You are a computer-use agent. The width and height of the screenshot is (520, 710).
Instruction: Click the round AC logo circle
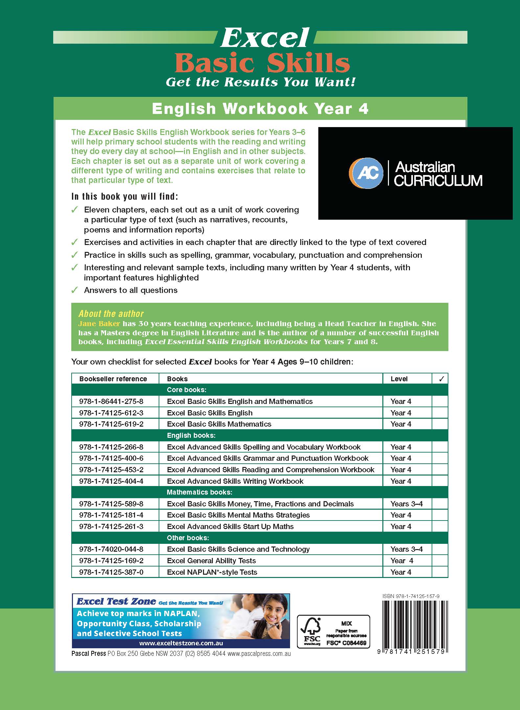pyautogui.click(x=366, y=173)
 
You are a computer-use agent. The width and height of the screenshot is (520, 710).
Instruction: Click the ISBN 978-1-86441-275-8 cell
pyautogui.click(x=111, y=401)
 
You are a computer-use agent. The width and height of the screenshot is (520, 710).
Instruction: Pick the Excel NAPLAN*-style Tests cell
pyautogui.click(x=212, y=572)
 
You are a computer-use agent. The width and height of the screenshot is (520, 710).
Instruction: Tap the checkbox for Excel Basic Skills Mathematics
pyautogui.click(x=440, y=424)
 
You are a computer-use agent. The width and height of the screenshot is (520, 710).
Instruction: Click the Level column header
pyautogui.click(x=399, y=379)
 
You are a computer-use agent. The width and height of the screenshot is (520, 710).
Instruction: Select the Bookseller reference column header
pyautogui.click(x=113, y=379)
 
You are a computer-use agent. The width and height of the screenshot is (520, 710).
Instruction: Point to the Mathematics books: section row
pyautogui.click(x=199, y=492)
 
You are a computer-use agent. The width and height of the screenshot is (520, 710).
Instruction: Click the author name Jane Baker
pyautogui.click(x=99, y=323)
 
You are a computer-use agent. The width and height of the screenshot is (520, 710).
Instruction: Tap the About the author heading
pyautogui.click(x=111, y=314)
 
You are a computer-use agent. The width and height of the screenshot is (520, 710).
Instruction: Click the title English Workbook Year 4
pyautogui.click(x=260, y=109)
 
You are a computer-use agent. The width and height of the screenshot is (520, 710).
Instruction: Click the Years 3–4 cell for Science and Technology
pyautogui.click(x=406, y=549)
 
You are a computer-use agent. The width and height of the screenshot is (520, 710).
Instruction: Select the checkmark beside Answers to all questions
pyautogui.click(x=75, y=290)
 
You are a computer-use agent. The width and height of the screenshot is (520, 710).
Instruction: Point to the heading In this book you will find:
pyautogui.click(x=125, y=197)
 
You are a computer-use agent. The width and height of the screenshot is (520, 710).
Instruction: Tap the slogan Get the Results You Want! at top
pyautogui.click(x=260, y=82)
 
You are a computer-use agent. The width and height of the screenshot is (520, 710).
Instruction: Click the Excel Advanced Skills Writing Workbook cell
pyautogui.click(x=235, y=481)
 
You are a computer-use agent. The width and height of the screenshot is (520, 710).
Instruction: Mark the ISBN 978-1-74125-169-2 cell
pyautogui.click(x=111, y=561)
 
